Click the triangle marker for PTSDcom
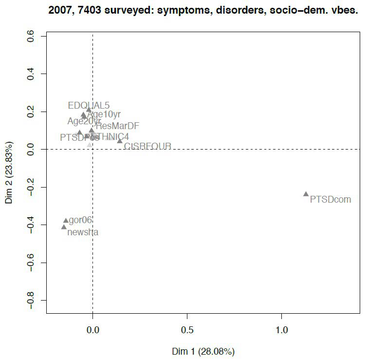306,194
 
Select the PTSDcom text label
330,199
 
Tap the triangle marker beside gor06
66,221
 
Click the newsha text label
83,232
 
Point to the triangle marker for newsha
64,227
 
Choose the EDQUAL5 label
89,105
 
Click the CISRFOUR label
147,146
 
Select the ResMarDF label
117,126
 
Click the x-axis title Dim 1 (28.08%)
203,351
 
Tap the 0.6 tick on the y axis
30,37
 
